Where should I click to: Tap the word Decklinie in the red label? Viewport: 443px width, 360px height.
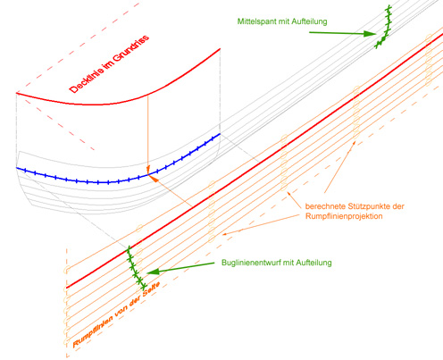(x=87, y=79)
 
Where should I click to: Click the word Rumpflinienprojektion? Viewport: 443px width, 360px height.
(x=344, y=216)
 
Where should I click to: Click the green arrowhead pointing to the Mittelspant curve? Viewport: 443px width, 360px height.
(x=371, y=34)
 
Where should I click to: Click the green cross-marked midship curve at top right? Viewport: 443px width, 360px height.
(x=384, y=27)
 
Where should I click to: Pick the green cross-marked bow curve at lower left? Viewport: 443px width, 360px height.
(x=136, y=268)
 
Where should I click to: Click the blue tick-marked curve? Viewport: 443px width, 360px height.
(x=108, y=182)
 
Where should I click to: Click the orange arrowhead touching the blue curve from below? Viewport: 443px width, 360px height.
(x=153, y=178)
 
